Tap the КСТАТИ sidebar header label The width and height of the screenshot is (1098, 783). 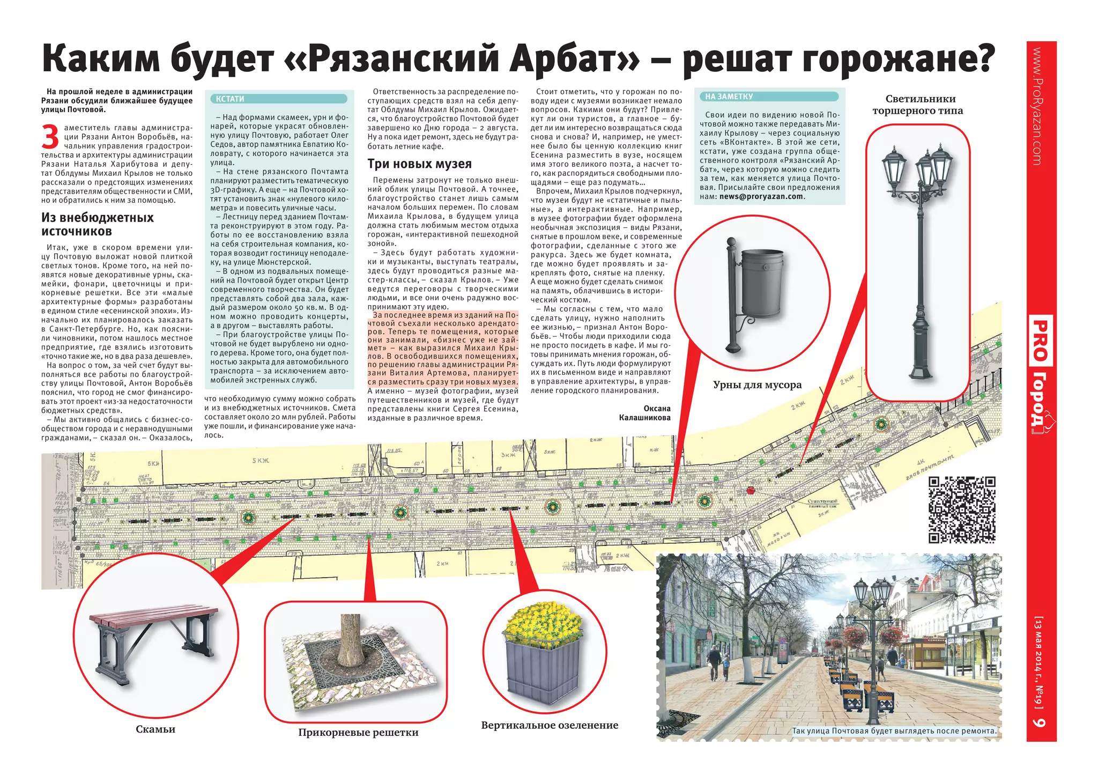click(x=230, y=99)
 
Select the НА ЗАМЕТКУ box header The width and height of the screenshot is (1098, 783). click(x=729, y=97)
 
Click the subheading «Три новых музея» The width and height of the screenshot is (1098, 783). click(x=419, y=164)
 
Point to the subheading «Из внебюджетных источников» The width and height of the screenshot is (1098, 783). click(x=98, y=225)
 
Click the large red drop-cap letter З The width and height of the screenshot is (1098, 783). click(x=50, y=137)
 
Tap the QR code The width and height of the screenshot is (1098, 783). click(x=962, y=509)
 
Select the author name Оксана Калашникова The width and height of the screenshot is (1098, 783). click(x=645, y=413)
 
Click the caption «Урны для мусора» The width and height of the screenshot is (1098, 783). click(x=757, y=385)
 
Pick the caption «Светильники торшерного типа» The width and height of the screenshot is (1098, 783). click(x=917, y=105)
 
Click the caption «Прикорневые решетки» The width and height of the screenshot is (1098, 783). click(x=358, y=733)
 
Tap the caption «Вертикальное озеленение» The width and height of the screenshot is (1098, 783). click(x=550, y=725)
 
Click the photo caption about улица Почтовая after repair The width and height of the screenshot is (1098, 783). click(x=894, y=731)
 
